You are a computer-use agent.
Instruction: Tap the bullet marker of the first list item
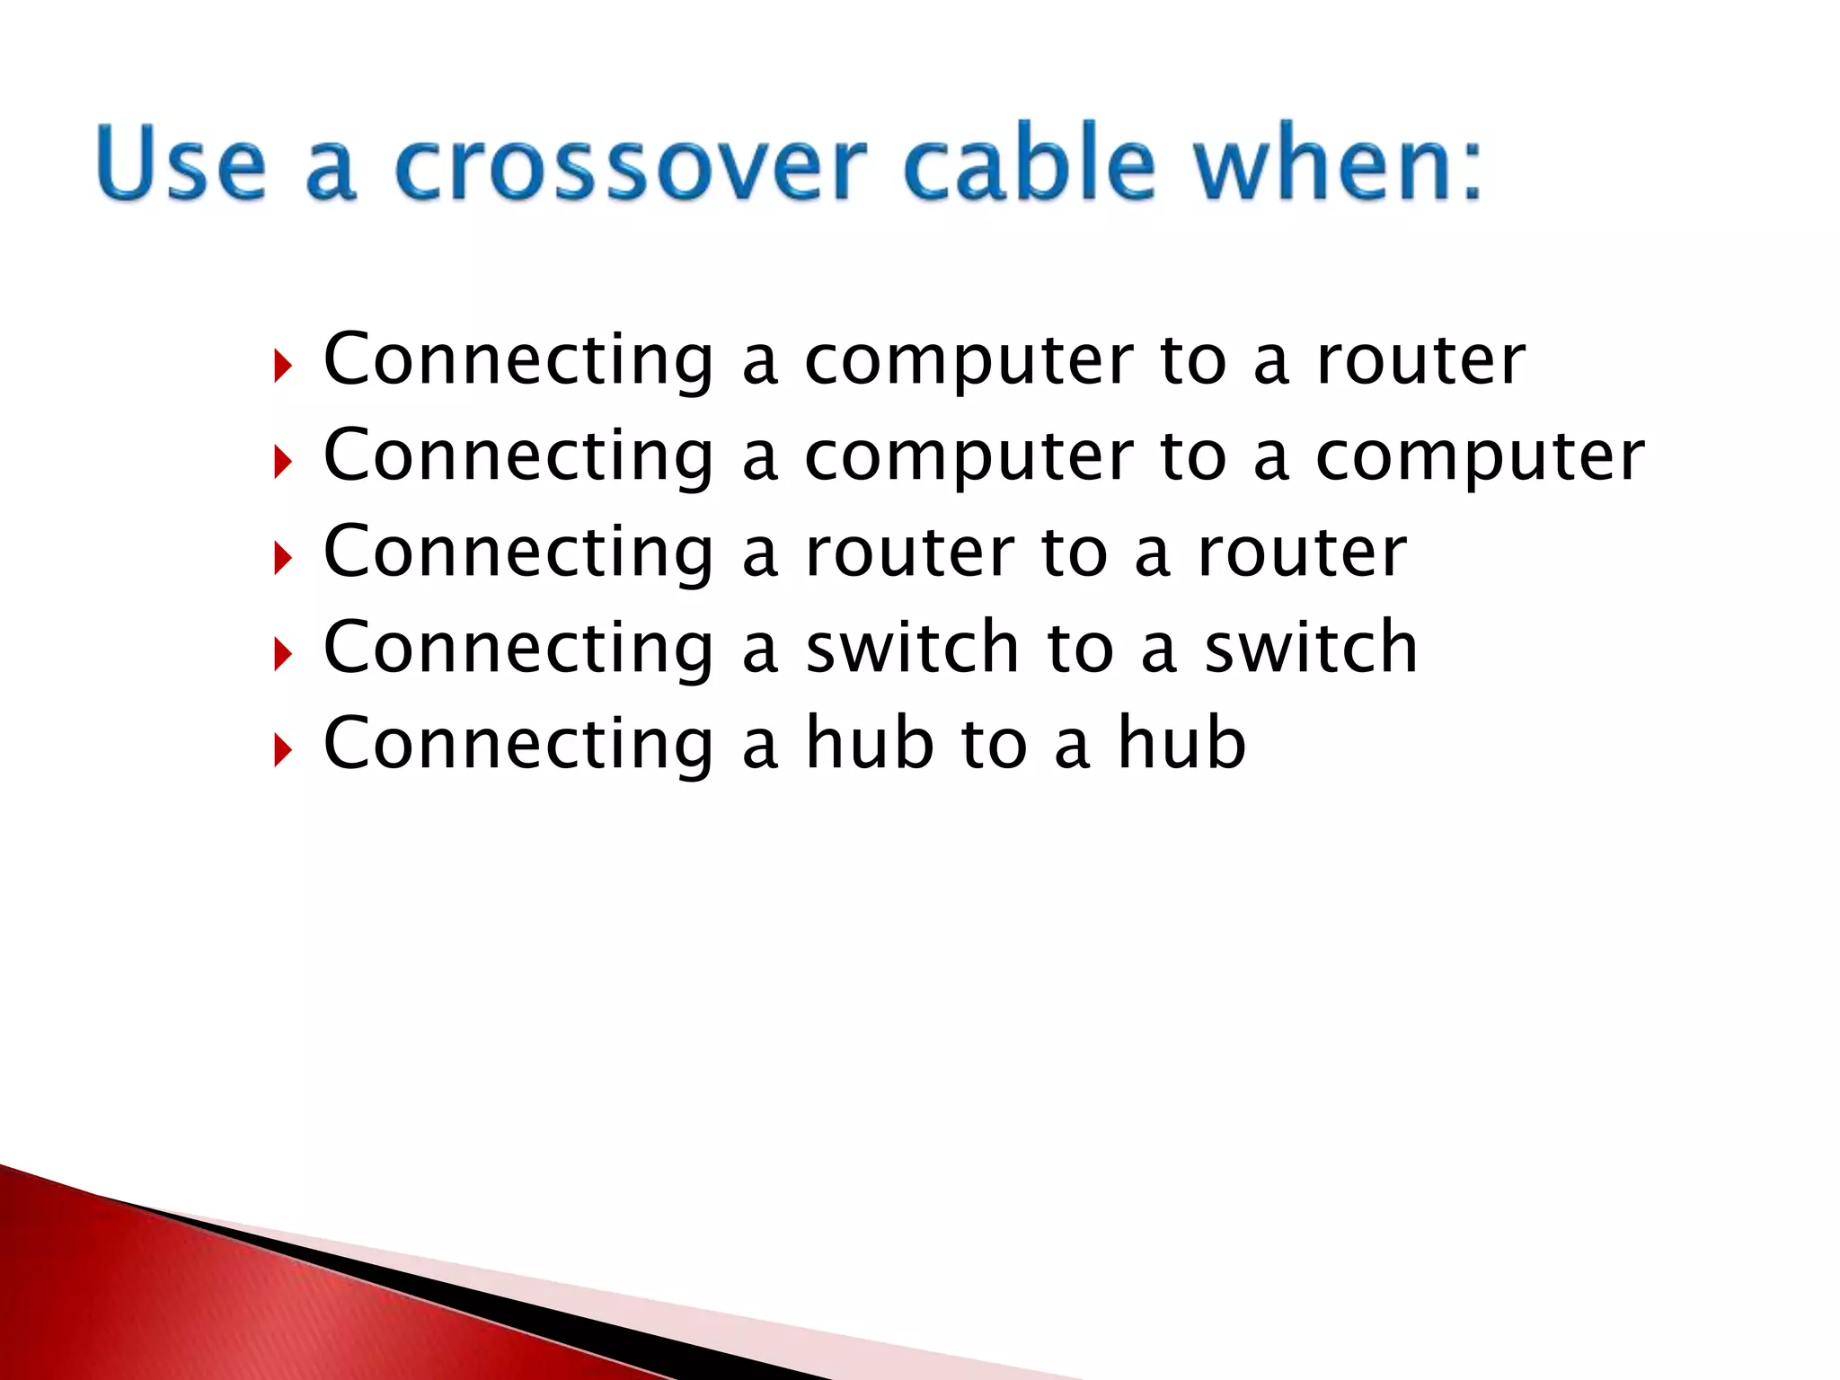click(283, 366)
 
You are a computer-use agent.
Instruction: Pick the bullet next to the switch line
click(283, 654)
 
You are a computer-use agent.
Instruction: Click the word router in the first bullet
click(1420, 360)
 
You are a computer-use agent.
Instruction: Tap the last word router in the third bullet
click(1302, 553)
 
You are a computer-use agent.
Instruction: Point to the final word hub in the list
click(1181, 743)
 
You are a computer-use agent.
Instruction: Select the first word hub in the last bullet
click(869, 743)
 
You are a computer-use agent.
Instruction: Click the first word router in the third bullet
click(909, 553)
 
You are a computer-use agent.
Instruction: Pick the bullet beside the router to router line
click(283, 558)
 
